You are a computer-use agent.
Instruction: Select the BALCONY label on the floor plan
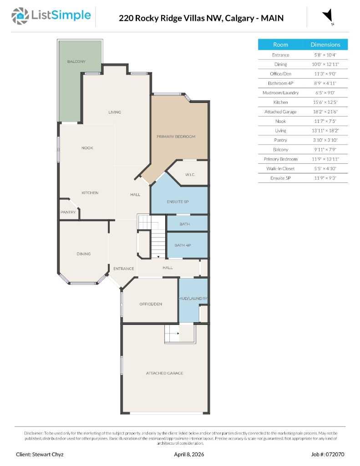(x=76, y=61)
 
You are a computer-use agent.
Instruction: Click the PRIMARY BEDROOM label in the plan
(x=176, y=137)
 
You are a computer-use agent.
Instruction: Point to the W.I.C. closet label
(x=190, y=175)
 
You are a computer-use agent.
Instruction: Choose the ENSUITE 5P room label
(x=177, y=202)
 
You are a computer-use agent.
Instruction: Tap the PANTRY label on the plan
(x=68, y=212)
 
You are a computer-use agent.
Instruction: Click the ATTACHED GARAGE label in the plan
(x=165, y=373)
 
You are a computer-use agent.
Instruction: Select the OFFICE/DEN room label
(x=151, y=304)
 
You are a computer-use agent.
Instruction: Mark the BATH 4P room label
(x=183, y=245)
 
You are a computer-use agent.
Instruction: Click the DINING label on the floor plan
(x=84, y=254)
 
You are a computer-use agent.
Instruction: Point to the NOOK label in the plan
(x=87, y=148)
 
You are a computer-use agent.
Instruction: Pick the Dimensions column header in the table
(x=325, y=45)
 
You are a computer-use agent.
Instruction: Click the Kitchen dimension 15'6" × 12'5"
(x=325, y=102)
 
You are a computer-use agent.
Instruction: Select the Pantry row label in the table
(x=280, y=140)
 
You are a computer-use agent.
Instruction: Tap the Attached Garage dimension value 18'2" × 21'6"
(x=325, y=111)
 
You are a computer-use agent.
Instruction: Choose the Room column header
(x=280, y=45)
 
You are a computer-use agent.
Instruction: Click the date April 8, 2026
(x=188, y=454)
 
